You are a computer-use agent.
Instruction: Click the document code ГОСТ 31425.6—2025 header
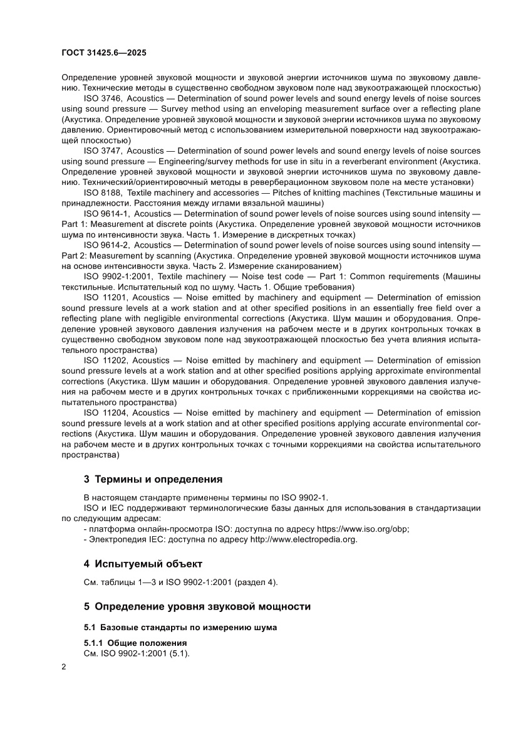click(x=104, y=54)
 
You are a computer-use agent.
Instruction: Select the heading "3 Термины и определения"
click(x=153, y=480)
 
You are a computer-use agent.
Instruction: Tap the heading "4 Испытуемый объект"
click(x=143, y=563)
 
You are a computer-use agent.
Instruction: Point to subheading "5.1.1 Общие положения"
click(x=135, y=643)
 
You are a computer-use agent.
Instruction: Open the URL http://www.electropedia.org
click(x=304, y=539)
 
